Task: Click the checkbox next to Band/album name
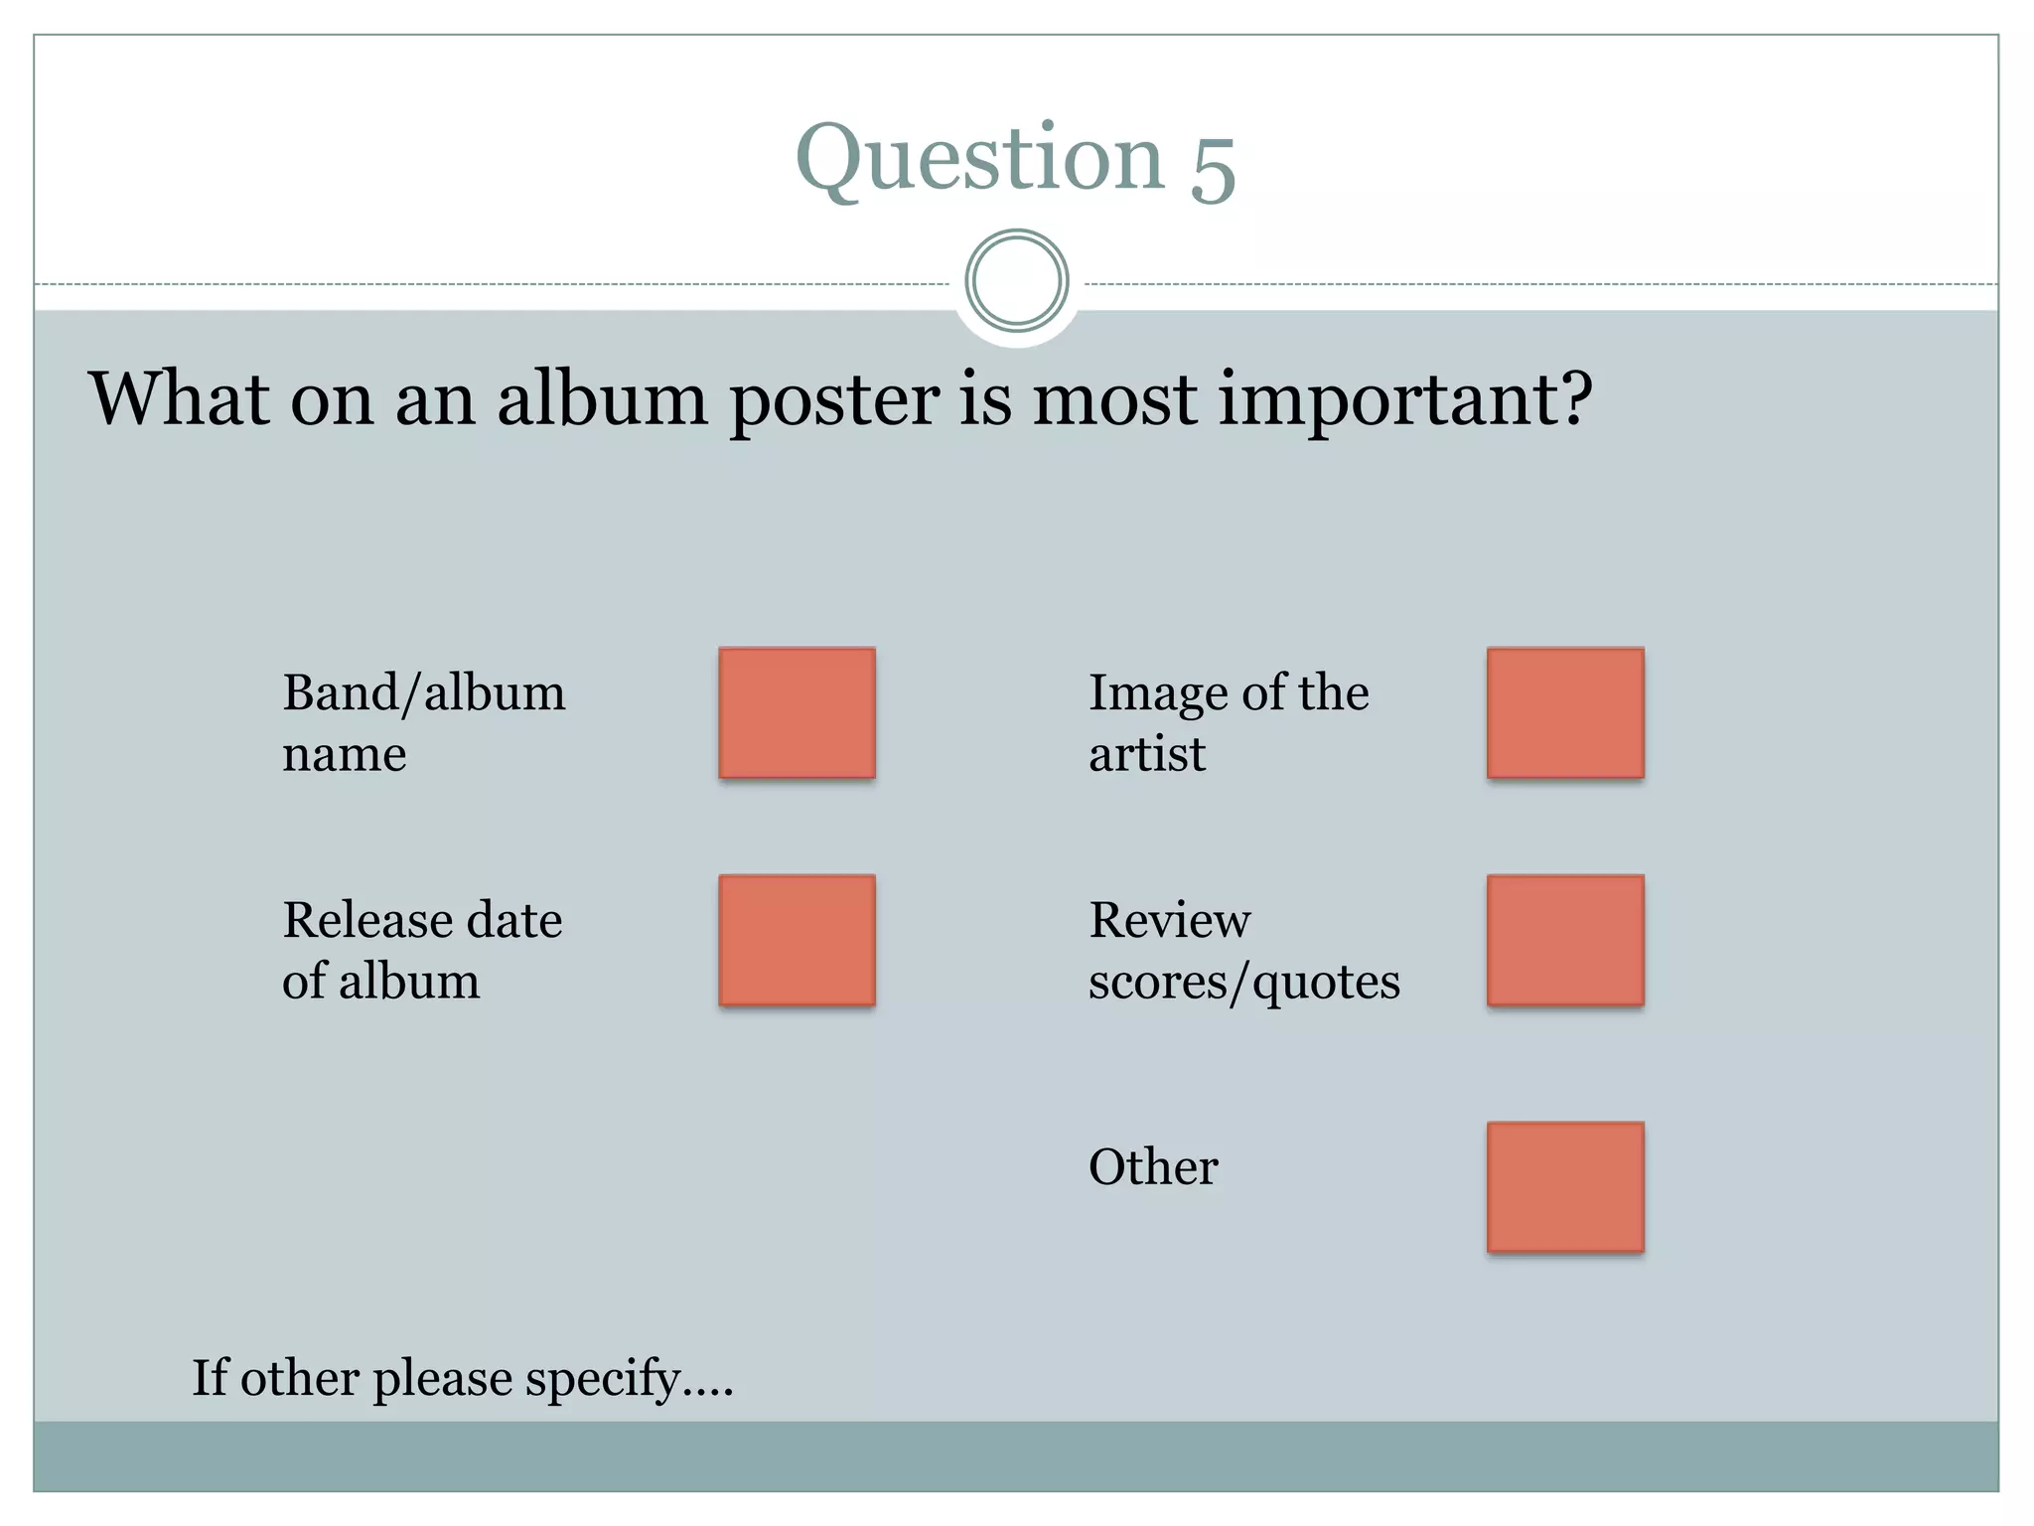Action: tap(797, 712)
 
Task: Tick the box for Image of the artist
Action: tap(1565, 712)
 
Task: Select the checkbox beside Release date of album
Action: tap(797, 940)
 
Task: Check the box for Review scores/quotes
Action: tap(1565, 940)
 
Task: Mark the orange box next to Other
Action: tap(1565, 1186)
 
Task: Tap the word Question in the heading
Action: tap(979, 159)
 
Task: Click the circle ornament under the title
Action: tap(1016, 281)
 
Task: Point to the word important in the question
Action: tap(1404, 399)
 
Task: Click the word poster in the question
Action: tap(834, 399)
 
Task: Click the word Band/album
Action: tap(424, 693)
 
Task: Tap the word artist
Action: tap(1146, 754)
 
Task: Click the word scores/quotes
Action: tap(1243, 983)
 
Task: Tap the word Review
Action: tap(1169, 920)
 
